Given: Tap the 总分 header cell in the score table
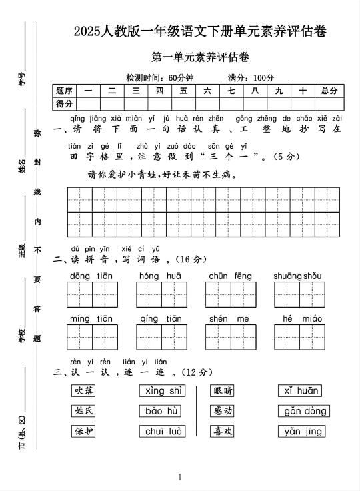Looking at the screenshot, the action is (x=328, y=91).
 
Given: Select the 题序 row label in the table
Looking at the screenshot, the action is (x=65, y=91).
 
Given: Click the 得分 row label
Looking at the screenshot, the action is (x=65, y=103).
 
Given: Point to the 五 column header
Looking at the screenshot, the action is (x=183, y=91).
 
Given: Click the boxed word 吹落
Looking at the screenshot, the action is (x=83, y=391).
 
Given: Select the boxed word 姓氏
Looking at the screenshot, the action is (x=83, y=411).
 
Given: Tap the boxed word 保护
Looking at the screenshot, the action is (x=83, y=431).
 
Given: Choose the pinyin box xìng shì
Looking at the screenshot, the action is (x=162, y=391).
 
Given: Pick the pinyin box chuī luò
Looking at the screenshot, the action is (x=162, y=432).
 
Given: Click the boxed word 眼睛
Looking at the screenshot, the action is (x=223, y=391).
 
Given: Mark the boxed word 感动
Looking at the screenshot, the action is (x=223, y=411).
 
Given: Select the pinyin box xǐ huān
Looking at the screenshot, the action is (x=301, y=391).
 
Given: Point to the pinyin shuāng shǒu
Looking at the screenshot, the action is (x=297, y=276).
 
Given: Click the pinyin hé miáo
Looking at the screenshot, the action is (x=297, y=319).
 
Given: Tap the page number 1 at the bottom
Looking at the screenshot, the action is (x=180, y=477).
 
